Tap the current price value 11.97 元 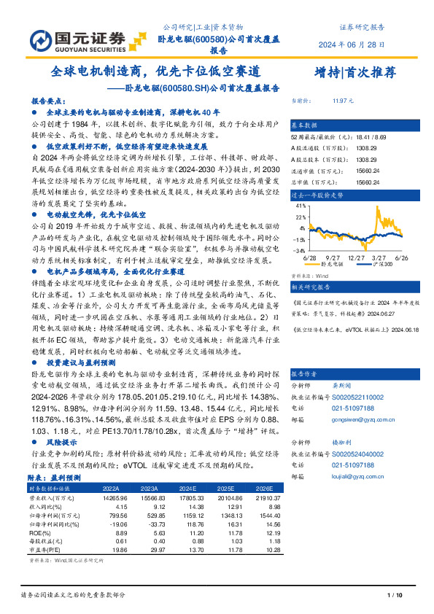(343, 100)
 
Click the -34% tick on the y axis (300, 249)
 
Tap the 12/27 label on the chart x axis (357, 257)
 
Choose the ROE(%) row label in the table (39, 532)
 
